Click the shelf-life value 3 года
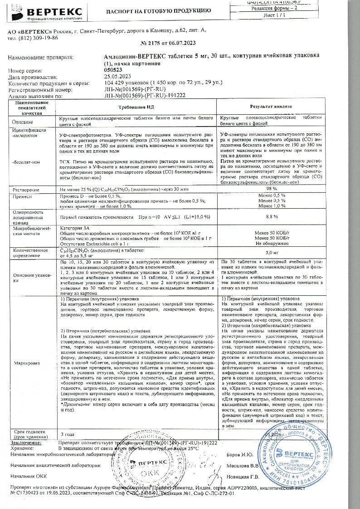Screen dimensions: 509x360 [68, 434]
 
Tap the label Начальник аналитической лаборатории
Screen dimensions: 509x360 [54, 465]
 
